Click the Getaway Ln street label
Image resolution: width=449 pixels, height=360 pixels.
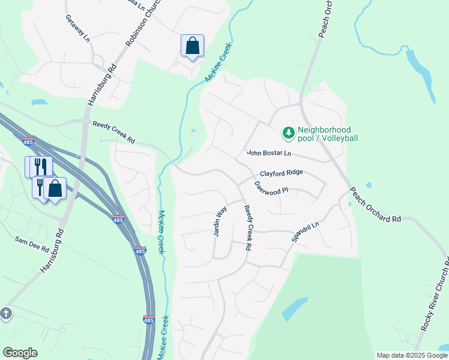click(77, 28)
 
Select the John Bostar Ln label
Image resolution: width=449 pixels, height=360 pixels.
click(268, 154)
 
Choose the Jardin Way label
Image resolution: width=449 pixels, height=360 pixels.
click(220, 221)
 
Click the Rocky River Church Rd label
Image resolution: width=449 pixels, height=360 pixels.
click(435, 294)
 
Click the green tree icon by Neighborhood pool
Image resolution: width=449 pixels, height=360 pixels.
click(289, 132)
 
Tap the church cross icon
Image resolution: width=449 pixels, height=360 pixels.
click(5, 313)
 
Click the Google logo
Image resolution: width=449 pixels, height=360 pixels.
click(20, 353)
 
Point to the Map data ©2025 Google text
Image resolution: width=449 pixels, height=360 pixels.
click(411, 355)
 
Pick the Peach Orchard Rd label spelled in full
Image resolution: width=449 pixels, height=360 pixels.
click(376, 208)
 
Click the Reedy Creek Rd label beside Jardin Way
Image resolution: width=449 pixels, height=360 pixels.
click(247, 227)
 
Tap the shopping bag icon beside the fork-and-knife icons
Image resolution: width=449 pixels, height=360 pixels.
click(55, 188)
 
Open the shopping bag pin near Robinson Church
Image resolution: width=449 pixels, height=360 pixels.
click(192, 46)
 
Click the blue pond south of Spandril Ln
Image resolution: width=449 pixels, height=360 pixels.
click(295, 308)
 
